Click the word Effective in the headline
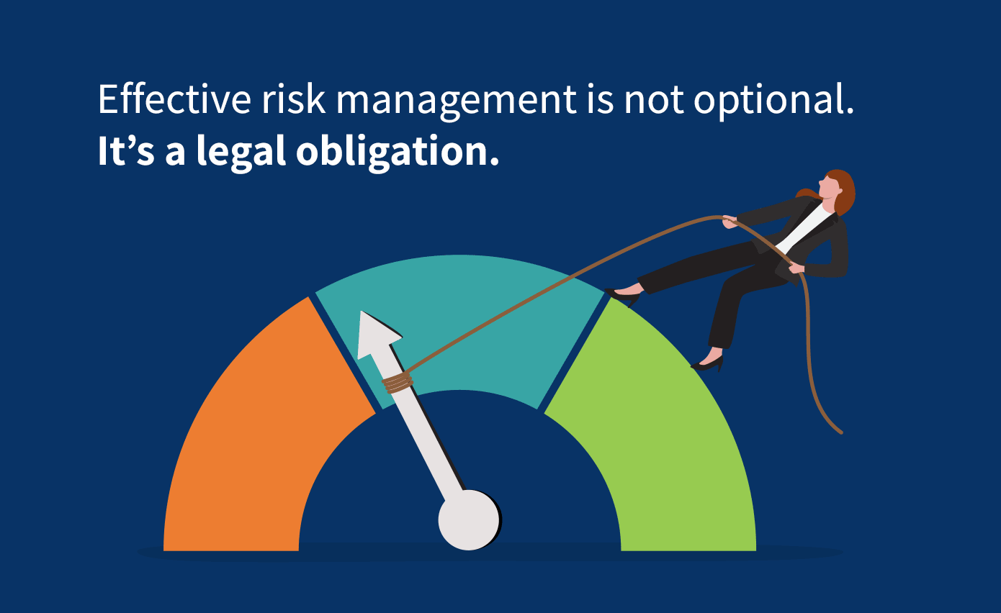click(x=174, y=99)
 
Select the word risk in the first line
click(x=293, y=99)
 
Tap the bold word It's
click(x=126, y=151)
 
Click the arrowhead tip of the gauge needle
click(x=362, y=312)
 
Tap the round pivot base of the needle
click(x=469, y=520)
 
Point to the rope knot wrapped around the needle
click(x=398, y=383)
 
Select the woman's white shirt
click(x=807, y=227)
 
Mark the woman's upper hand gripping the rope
click(x=730, y=222)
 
